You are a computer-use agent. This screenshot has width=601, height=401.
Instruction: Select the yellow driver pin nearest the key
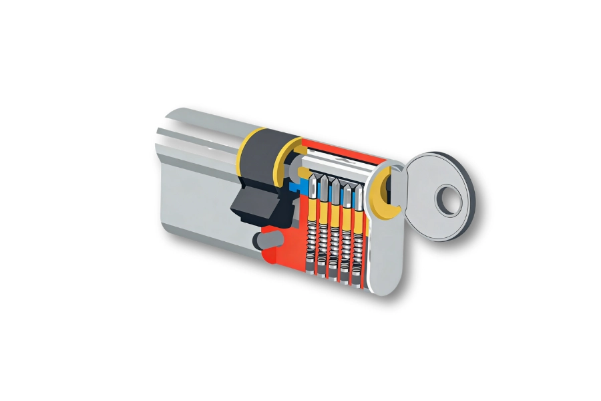tap(359, 217)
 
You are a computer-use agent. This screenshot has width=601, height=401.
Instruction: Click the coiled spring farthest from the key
tap(311, 244)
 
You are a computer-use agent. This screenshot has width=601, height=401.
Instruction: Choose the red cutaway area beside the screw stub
tap(280, 257)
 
